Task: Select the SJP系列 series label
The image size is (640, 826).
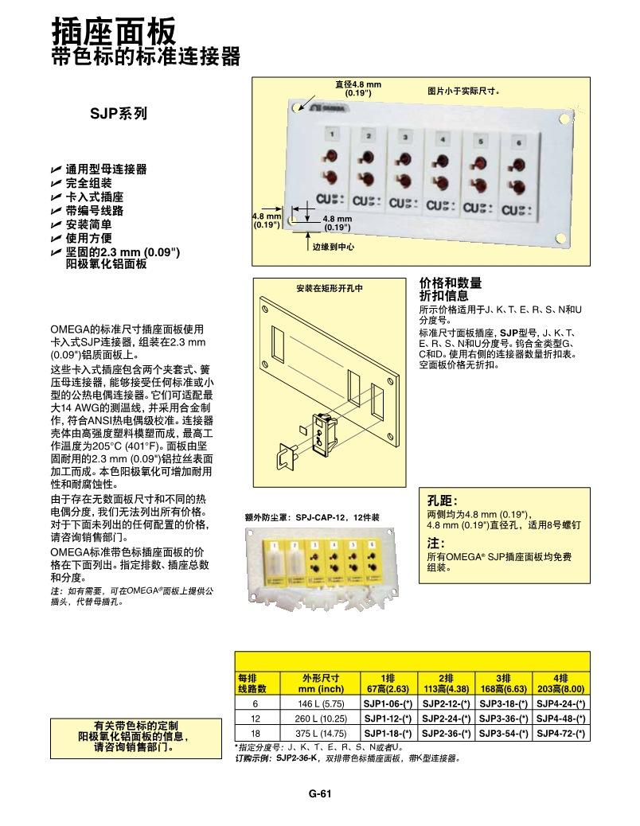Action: [x=118, y=114]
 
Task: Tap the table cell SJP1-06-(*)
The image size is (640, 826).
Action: [x=388, y=704]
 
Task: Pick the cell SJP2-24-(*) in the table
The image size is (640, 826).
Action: [x=446, y=719]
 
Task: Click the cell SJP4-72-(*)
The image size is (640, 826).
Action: [x=561, y=733]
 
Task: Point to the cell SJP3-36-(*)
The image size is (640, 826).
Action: [x=503, y=719]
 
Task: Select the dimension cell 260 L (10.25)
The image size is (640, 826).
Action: [x=321, y=719]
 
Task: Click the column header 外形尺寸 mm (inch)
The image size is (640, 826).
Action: [x=321, y=684]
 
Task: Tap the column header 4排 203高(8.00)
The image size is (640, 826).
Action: [x=561, y=684]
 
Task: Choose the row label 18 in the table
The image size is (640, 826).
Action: [x=256, y=733]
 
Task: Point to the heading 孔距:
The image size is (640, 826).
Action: [x=443, y=501]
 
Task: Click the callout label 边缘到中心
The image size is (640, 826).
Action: [x=333, y=247]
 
